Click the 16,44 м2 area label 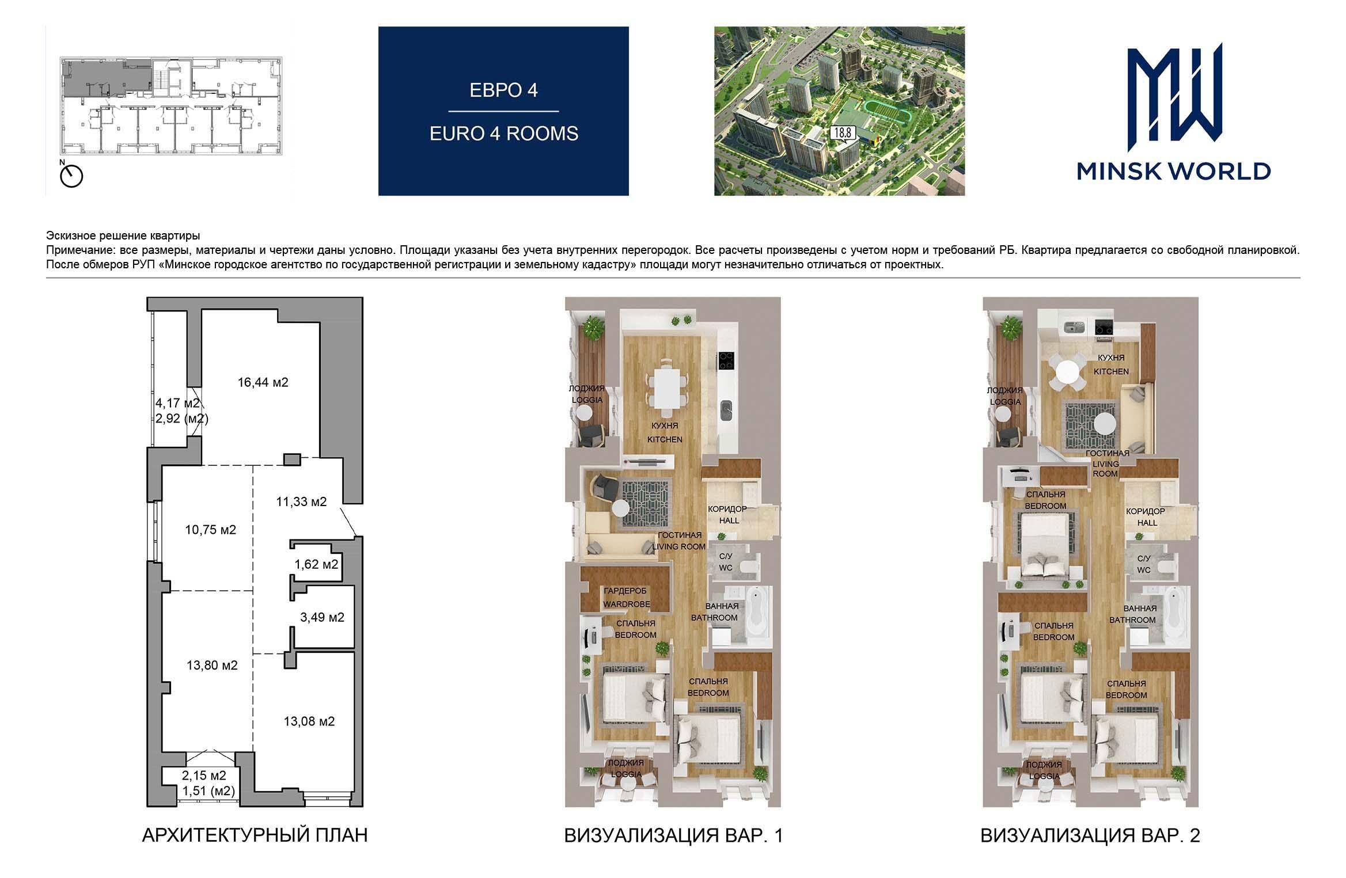pos(263,382)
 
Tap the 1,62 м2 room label pos(316,564)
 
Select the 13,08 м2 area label pos(309,721)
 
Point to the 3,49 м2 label pos(322,618)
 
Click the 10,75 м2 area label pos(211,530)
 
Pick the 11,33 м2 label pos(301,502)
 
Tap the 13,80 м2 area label pos(212,666)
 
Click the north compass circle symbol pos(72,176)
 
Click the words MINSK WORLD pos(1174,171)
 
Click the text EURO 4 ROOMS pos(504,134)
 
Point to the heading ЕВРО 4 pos(504,90)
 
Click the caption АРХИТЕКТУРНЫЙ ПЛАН pos(255,835)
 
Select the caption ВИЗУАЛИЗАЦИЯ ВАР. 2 pos(1090,835)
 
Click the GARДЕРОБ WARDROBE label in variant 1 pos(626,598)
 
